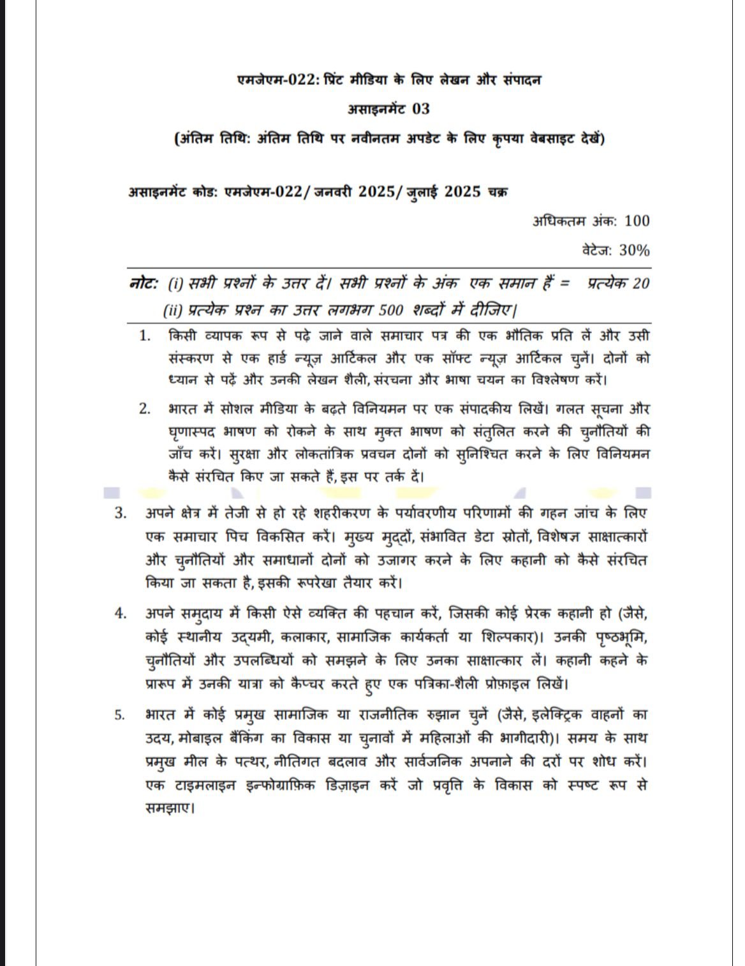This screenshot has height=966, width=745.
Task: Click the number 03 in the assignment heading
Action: tap(421, 109)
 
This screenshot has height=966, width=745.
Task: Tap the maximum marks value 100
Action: tap(637, 221)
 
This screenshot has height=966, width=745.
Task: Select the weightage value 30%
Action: tap(634, 250)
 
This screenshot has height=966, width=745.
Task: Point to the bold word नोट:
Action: tap(144, 283)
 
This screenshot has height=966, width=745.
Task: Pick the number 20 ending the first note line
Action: tap(640, 283)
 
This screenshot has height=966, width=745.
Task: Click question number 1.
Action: tap(145, 336)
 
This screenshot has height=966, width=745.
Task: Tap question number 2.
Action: tap(145, 409)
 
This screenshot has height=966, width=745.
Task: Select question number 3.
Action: tap(121, 513)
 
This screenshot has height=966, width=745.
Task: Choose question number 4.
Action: tap(121, 613)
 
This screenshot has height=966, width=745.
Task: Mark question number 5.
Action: tap(121, 715)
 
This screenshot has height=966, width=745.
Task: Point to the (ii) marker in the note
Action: tap(173, 311)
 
